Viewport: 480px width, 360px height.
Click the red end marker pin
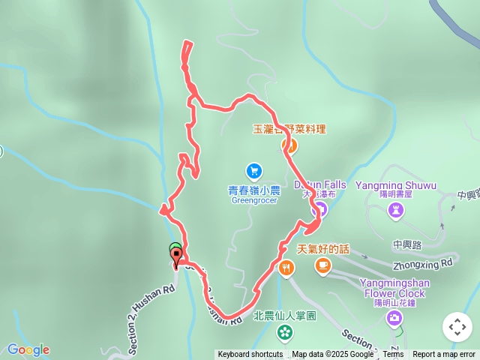[x=177, y=258]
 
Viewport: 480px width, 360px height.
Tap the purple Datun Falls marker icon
[x=317, y=211]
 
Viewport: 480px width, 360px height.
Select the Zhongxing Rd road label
[x=423, y=264]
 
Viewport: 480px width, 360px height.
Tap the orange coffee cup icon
[x=322, y=265]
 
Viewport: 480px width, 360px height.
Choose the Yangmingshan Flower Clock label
[x=392, y=288]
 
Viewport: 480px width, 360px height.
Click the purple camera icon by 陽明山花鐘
[x=394, y=319]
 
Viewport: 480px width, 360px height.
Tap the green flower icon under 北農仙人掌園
[x=286, y=331]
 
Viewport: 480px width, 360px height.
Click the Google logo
[x=28, y=349]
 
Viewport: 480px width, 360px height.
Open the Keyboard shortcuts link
[x=250, y=355]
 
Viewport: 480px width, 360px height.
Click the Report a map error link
[x=444, y=355]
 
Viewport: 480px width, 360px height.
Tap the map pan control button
[x=457, y=327]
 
